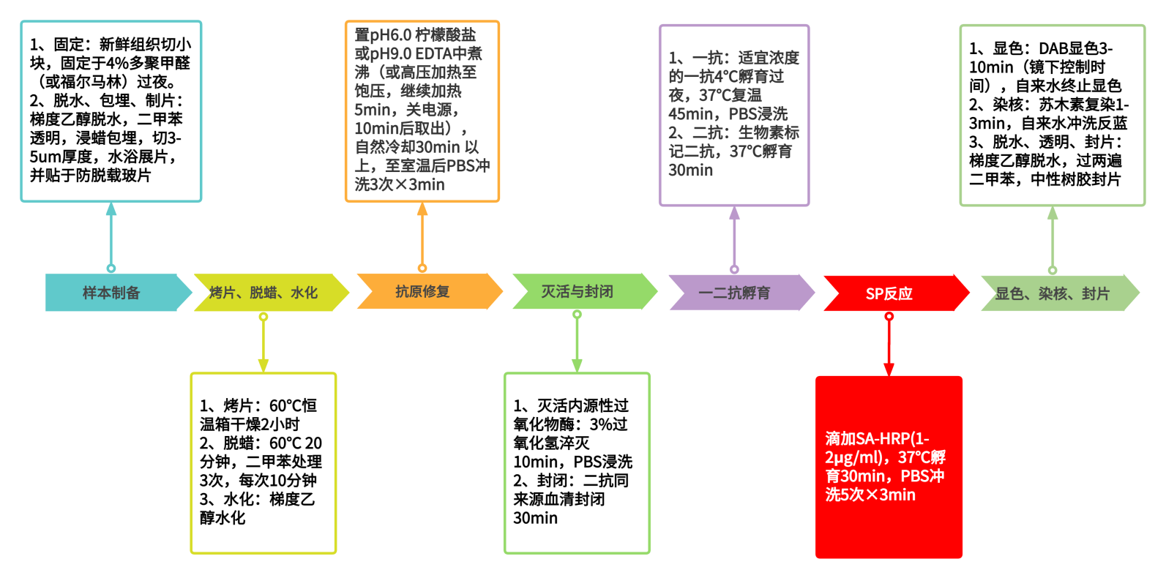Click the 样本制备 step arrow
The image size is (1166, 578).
(x=111, y=293)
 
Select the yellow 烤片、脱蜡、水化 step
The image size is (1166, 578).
(x=264, y=293)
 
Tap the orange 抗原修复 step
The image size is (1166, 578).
(x=422, y=291)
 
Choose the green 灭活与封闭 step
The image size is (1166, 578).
(x=577, y=291)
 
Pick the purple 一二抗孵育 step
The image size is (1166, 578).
(x=734, y=293)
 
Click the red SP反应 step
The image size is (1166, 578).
(x=889, y=293)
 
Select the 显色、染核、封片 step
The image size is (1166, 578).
(x=1052, y=293)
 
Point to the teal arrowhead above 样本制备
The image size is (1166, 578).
(x=111, y=209)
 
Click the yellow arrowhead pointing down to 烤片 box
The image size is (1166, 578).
(x=264, y=365)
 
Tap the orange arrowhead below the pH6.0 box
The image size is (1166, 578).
(x=422, y=209)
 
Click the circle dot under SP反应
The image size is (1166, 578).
(x=889, y=316)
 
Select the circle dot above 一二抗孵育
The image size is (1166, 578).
(x=734, y=269)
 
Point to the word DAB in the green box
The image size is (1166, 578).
(x=1054, y=48)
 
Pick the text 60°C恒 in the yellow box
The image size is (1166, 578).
(x=293, y=405)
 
